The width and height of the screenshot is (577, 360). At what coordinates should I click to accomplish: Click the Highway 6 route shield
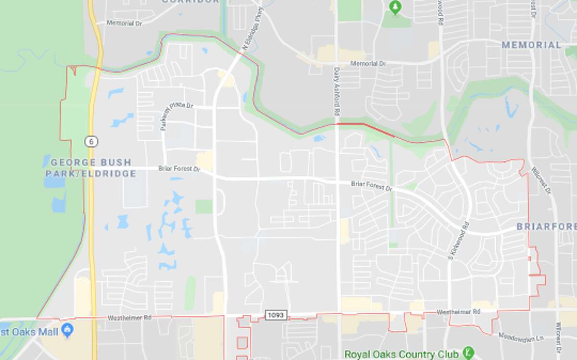(90, 141)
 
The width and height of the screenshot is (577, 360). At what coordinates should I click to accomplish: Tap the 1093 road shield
(276, 315)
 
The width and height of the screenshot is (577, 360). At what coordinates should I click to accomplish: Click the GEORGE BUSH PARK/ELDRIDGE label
(93, 168)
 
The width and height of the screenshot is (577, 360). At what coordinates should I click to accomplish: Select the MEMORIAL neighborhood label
(531, 45)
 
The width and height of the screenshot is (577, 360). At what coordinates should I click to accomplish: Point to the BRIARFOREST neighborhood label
(546, 226)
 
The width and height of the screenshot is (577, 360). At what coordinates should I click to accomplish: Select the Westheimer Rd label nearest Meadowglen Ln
(458, 312)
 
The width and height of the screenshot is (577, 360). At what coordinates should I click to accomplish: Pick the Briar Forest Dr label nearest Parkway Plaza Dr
(179, 169)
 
